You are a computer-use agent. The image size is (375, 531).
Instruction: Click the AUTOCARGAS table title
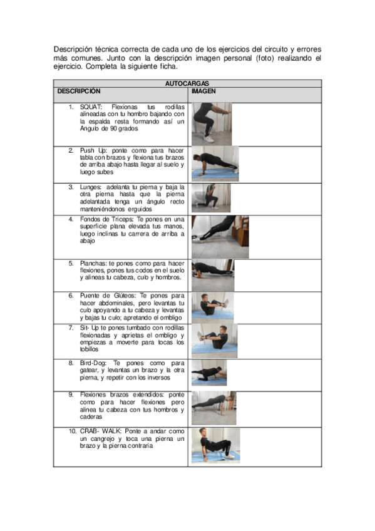pyautogui.click(x=187, y=83)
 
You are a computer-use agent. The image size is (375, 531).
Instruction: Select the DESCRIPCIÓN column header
pyautogui.click(x=79, y=91)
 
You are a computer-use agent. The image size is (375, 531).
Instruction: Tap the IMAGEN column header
pyautogui.click(x=203, y=91)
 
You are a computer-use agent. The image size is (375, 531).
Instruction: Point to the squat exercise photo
pyautogui.click(x=212, y=124)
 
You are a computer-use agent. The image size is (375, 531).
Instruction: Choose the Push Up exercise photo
pyautogui.click(x=215, y=164)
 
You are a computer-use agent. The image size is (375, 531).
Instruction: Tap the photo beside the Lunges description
pyautogui.click(x=211, y=198)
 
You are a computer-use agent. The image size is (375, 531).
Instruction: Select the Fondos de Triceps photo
pyautogui.click(x=220, y=237)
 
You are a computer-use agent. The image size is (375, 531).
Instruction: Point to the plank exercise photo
pyautogui.click(x=213, y=276)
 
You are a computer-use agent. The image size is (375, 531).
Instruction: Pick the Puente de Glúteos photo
pyautogui.click(x=213, y=307)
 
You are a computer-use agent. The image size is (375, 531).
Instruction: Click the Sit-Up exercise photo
pyautogui.click(x=215, y=341)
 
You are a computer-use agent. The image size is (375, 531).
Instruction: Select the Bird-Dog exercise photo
pyautogui.click(x=209, y=373)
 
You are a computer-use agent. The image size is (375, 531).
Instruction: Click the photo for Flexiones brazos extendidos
pyautogui.click(x=214, y=408)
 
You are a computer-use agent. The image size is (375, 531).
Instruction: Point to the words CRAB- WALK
pyautogui.click(x=101, y=431)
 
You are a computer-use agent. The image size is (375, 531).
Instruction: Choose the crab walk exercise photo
pyautogui.click(x=215, y=446)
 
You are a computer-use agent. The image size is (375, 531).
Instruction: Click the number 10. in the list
pyautogui.click(x=73, y=431)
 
